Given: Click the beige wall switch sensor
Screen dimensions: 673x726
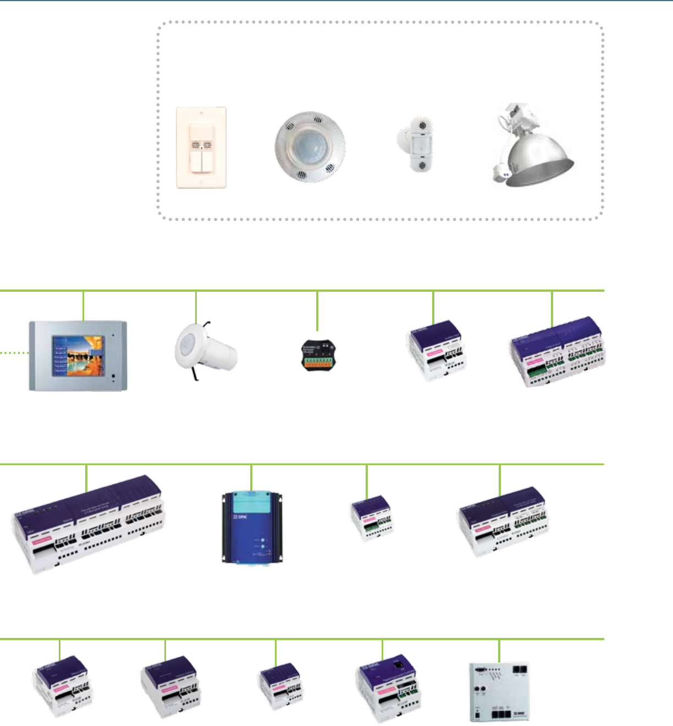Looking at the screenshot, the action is [201, 148].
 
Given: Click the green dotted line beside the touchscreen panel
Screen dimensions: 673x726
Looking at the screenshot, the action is [14, 352].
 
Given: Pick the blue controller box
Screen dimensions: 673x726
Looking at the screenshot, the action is [252, 527].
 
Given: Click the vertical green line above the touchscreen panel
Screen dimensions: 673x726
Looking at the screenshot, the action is [83, 305].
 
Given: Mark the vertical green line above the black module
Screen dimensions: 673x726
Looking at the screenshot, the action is [317, 311].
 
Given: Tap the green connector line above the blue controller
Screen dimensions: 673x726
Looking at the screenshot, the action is [251, 477].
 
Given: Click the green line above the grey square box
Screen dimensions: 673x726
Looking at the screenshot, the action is [499, 651].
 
